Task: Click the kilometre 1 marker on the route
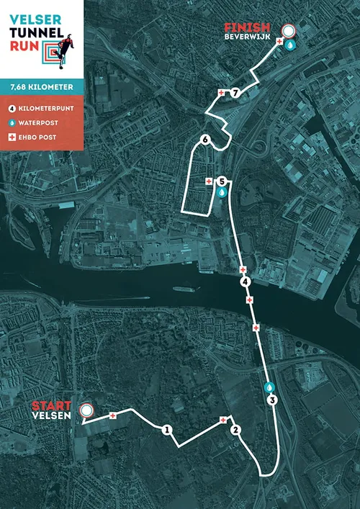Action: [167, 431]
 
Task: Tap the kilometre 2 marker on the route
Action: [235, 431]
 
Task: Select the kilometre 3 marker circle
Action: [271, 400]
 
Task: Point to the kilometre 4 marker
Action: [246, 281]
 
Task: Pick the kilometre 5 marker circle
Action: [222, 181]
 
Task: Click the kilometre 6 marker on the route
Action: [206, 140]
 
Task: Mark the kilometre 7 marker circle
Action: [235, 93]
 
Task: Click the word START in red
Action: [50, 406]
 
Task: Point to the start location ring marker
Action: [87, 411]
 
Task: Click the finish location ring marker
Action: [289, 31]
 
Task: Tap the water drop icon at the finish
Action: [289, 45]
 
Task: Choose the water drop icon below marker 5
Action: [222, 193]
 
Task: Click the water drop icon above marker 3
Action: [269, 386]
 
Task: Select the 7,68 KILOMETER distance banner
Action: [42, 86]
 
